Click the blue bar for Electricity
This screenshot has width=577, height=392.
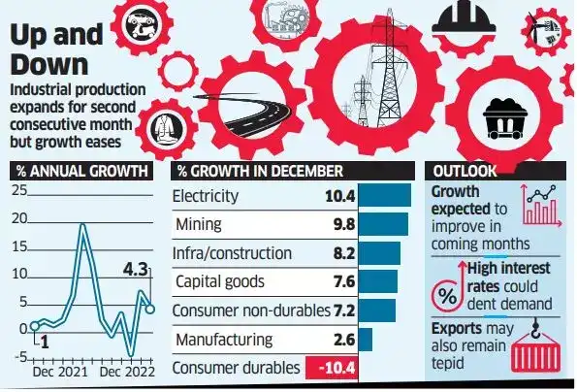click(x=383, y=198)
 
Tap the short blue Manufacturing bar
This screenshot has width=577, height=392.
click(x=365, y=340)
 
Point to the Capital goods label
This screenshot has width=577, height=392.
click(x=221, y=282)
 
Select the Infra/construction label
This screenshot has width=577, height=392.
click(x=234, y=254)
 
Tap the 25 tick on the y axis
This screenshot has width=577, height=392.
click(x=18, y=189)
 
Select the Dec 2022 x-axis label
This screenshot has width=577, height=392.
click(x=128, y=372)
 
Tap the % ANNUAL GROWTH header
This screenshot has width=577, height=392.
click(x=82, y=171)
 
